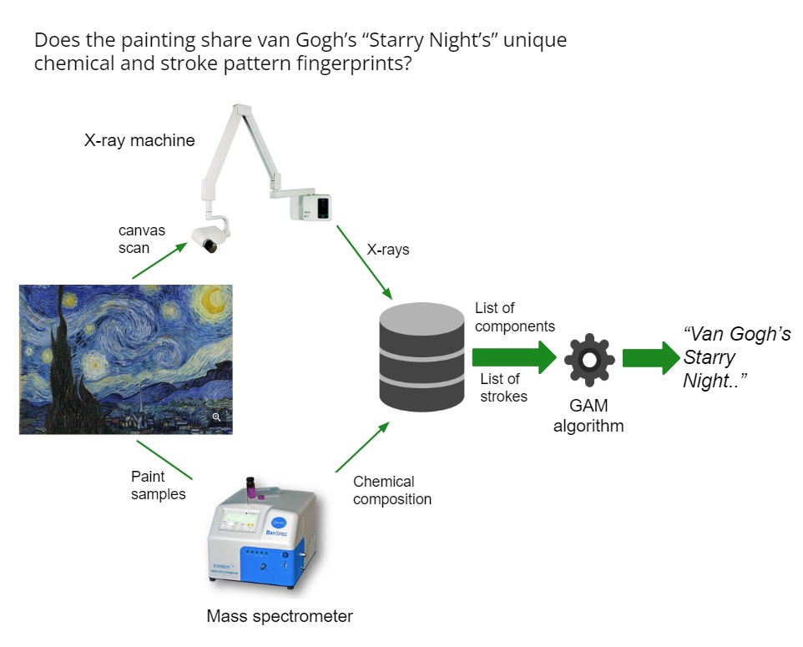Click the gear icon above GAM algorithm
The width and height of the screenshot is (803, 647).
[589, 359]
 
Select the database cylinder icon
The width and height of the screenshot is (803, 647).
[422, 356]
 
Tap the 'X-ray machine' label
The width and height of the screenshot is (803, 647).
[139, 140]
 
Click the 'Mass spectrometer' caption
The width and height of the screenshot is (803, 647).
[280, 617]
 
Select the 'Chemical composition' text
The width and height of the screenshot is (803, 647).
[392, 490]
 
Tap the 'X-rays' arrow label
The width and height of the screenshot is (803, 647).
[388, 250]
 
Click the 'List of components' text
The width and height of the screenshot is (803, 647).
[514, 317]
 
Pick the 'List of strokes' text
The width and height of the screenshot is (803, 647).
[503, 387]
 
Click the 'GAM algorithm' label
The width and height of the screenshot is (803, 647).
[589, 417]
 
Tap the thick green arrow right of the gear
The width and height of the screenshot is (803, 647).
[650, 358]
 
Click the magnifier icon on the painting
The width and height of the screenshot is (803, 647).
[216, 417]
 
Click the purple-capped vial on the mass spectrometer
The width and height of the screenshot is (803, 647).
[250, 487]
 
